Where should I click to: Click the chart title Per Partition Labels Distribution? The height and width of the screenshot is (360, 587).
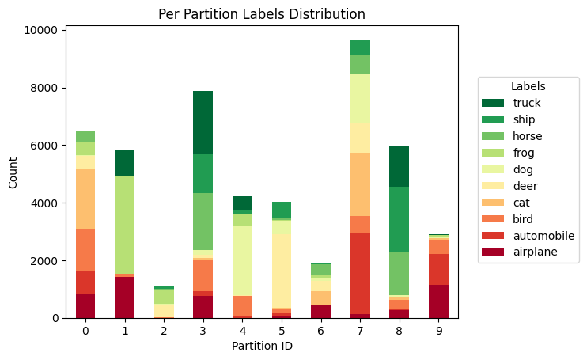261,14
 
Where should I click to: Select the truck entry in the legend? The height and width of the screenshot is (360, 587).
526,103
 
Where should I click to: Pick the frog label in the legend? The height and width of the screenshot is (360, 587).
524,153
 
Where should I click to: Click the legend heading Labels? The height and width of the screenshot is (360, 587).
528,85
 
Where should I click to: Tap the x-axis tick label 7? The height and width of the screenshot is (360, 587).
361,331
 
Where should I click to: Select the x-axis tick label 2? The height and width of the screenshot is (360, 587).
164,331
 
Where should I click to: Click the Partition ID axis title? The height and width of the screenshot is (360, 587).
262,347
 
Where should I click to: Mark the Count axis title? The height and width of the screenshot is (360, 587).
13,174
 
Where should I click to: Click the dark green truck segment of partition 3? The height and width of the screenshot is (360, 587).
203,123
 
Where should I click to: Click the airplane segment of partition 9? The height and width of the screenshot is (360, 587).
439,301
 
